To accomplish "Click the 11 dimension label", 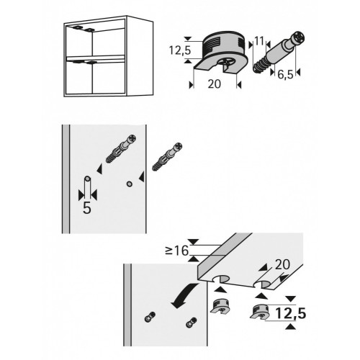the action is pyautogui.click(x=259, y=41).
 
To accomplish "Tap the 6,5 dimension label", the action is pyautogui.click(x=285, y=75).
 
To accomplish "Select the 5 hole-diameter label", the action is pyautogui.click(x=87, y=207).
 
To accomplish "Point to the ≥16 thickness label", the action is pyautogui.click(x=176, y=251).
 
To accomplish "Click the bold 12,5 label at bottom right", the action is pyautogui.click(x=291, y=313).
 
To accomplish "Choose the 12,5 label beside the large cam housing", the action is pyautogui.click(x=180, y=50).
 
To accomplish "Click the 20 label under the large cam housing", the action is pyautogui.click(x=214, y=84).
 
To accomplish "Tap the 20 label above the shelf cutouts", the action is pyautogui.click(x=282, y=265).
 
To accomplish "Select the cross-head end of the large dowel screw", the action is pyautogui.click(x=298, y=38).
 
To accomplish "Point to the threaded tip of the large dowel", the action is pyautogui.click(x=259, y=66).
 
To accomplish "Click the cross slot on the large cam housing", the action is pyautogui.click(x=228, y=63).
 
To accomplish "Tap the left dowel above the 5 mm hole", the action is pyautogui.click(x=121, y=149).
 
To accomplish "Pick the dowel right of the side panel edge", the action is pyautogui.click(x=167, y=157).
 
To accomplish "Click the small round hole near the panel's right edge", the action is pyautogui.click(x=130, y=184).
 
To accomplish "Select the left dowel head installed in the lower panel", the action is pyautogui.click(x=150, y=317).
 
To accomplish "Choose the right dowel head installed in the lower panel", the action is pyautogui.click(x=192, y=323).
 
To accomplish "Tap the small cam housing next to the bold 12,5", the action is pyautogui.click(x=260, y=312).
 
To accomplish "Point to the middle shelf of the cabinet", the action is pyautogui.click(x=96, y=58).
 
